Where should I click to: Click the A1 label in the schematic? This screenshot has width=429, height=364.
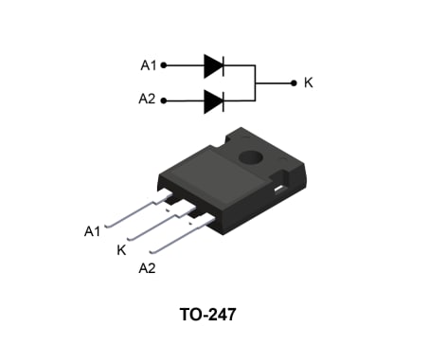[148, 65]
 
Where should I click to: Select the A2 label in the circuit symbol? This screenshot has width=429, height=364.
[148, 100]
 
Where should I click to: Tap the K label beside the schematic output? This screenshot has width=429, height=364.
[309, 83]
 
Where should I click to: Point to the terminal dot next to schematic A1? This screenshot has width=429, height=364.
[164, 65]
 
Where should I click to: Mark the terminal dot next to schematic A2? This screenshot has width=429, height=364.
[164, 100]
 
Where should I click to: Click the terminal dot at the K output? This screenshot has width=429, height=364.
[293, 82]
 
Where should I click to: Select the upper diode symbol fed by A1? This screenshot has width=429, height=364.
[213, 65]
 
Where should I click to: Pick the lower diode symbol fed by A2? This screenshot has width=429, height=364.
[213, 100]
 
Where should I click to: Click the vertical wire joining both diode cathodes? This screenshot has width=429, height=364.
[256, 82]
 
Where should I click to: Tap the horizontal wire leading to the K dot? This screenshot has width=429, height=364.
[274, 82]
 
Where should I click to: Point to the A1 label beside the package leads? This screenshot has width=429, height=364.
[92, 230]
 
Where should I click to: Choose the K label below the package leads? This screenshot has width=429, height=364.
[120, 249]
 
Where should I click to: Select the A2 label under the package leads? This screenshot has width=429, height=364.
[147, 269]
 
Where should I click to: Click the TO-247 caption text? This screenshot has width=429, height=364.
[207, 314]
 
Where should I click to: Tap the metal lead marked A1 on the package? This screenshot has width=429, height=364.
[133, 213]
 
